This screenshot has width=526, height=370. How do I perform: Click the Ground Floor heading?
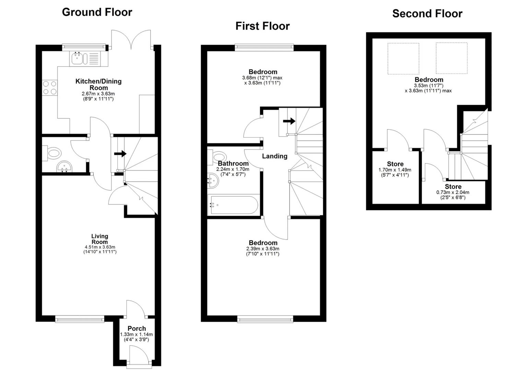[97, 12]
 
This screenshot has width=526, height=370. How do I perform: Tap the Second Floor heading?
[427, 14]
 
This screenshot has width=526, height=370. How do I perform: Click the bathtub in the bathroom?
[233, 205]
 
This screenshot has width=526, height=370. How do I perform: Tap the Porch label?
[137, 329]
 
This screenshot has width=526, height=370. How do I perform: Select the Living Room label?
[100, 239]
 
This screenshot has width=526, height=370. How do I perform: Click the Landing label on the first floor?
[274, 156]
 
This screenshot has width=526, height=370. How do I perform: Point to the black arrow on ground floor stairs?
[120, 154]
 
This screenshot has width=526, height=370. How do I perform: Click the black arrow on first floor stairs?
[289, 121]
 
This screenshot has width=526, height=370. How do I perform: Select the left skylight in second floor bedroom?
[403, 58]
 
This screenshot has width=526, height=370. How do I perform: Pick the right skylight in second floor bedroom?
[451, 58]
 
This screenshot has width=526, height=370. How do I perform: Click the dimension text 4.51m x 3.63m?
[100, 247]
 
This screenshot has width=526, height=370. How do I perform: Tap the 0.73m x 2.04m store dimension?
[453, 193]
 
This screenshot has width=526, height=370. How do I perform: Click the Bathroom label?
[233, 164]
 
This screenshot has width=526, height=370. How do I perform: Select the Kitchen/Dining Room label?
[98, 84]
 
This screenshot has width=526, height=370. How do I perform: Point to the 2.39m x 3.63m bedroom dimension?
[262, 249]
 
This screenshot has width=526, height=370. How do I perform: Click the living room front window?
[80, 319]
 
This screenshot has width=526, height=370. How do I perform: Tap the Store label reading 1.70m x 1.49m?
[395, 164]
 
